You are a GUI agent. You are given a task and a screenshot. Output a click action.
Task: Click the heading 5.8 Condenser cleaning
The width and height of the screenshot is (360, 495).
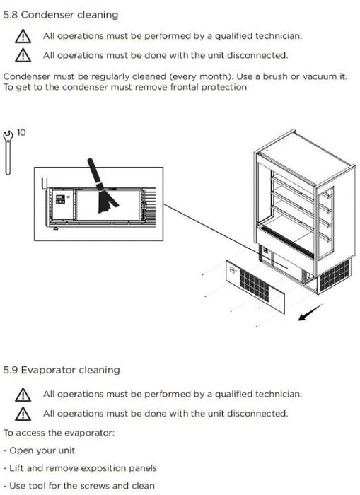(x=61, y=15)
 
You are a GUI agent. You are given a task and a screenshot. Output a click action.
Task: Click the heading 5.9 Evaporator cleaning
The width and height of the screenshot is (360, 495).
(x=62, y=370)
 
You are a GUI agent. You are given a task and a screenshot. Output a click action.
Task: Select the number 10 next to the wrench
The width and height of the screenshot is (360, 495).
(x=21, y=132)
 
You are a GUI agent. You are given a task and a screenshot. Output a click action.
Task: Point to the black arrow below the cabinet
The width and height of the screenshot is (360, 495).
(x=310, y=313)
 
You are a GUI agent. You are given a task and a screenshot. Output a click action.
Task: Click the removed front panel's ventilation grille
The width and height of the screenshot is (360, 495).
(x=254, y=286)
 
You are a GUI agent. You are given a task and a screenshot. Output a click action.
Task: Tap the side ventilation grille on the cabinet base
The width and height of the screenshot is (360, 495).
(x=335, y=275)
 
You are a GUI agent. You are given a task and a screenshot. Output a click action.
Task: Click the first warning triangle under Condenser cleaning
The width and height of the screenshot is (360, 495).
(x=23, y=36)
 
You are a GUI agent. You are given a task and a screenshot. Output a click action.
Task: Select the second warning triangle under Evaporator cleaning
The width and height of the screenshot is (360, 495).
(x=23, y=414)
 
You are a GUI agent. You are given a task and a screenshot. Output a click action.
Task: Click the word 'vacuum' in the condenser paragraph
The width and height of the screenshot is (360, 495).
(x=318, y=76)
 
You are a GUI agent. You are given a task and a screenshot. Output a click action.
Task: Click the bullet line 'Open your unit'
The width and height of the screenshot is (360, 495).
(x=39, y=450)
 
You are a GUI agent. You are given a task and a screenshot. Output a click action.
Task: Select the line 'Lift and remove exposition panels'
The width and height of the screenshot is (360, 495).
(x=80, y=468)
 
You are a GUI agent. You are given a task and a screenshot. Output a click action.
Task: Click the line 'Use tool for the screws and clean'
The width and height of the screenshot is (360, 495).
(x=79, y=486)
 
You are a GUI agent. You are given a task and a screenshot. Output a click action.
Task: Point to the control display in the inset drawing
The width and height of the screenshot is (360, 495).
(x=60, y=199)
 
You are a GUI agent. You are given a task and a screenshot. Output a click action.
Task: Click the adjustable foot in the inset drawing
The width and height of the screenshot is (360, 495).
(x=56, y=228)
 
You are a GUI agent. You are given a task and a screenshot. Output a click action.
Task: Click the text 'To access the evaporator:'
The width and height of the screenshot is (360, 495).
(x=59, y=433)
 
